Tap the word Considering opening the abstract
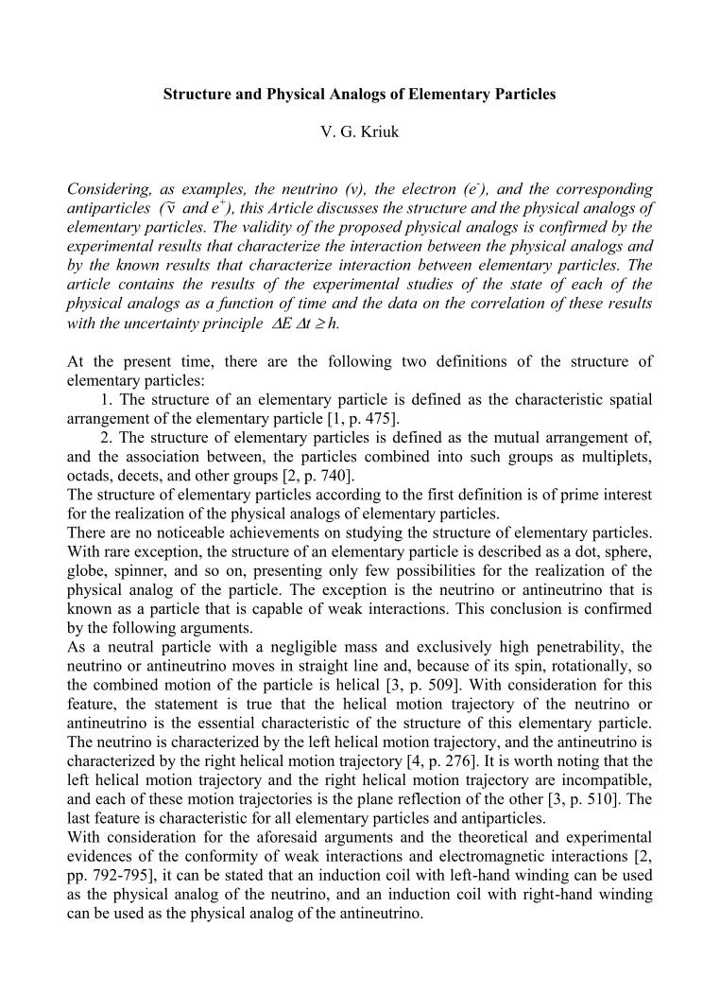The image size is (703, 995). click(x=110, y=188)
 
